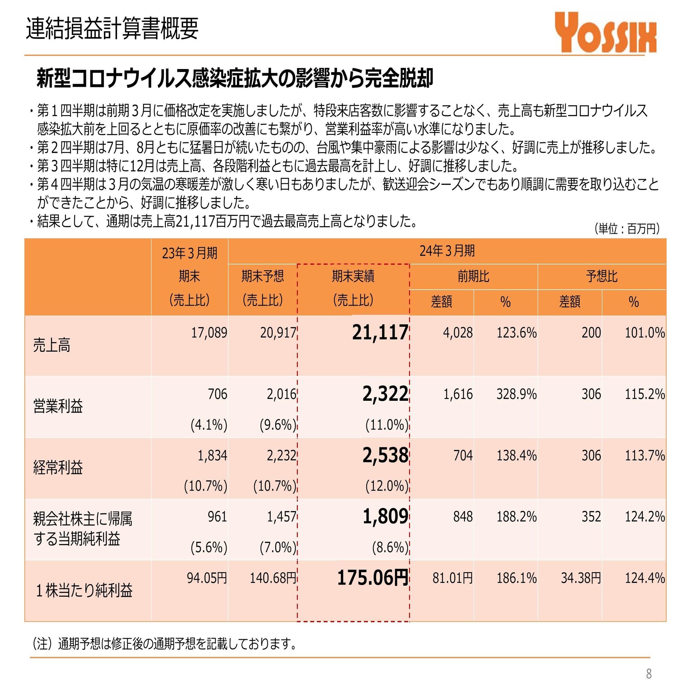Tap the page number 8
649,674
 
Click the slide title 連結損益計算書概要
112,28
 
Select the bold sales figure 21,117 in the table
380,332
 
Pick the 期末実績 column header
353,276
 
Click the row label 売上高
52,345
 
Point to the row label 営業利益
58,406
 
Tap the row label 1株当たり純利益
84,590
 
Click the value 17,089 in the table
209,333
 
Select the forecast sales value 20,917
278,333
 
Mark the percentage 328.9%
517,394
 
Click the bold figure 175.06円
373,578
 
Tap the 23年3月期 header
190,253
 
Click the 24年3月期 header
447,251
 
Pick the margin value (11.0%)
387,425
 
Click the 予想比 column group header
602,276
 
